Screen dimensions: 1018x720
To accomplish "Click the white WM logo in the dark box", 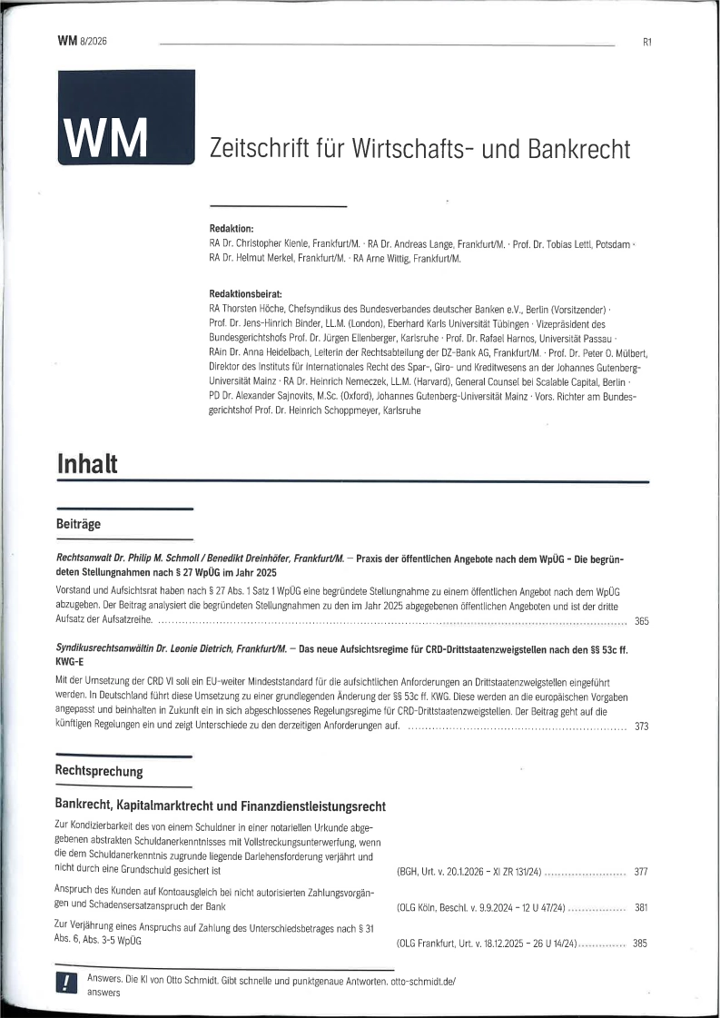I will coord(105,136).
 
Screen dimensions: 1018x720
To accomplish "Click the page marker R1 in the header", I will coord(646,42).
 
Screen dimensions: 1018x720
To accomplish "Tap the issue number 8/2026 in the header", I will coord(94,41).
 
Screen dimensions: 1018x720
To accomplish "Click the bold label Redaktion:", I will coord(232,229).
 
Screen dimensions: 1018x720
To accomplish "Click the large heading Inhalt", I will coord(87,463).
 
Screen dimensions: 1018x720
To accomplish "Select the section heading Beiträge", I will coord(78,524).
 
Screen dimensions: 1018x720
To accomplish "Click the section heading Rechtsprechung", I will coord(99,771).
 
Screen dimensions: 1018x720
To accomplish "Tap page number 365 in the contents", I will coord(641,622).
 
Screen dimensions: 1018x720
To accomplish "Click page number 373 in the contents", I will coord(641,726).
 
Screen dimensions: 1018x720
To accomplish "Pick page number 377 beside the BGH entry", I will coord(640,872).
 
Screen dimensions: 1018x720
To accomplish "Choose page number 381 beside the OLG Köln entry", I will coord(640,907).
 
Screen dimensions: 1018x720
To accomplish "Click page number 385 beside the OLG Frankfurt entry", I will coord(640,944).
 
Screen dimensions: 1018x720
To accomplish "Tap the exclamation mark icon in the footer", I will coord(66,984).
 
